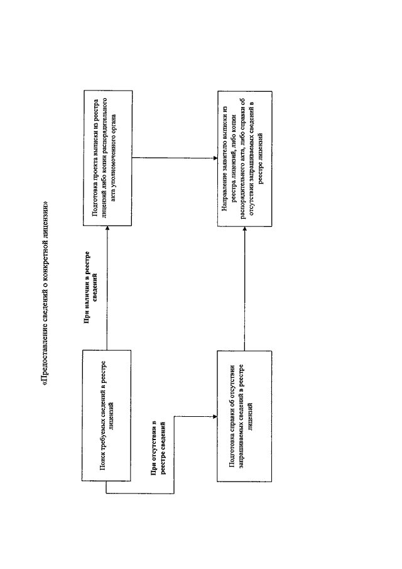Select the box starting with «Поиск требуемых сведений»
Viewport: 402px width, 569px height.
[107, 416]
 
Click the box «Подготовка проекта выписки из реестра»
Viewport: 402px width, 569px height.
[107, 158]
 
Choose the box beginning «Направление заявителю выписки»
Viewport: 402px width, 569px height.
[245, 159]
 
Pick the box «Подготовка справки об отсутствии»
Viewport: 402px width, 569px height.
[244, 416]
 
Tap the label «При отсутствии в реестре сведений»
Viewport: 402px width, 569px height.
[158, 448]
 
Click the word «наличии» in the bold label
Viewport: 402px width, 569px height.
[87, 299]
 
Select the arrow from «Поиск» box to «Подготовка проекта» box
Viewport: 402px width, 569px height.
[107, 288]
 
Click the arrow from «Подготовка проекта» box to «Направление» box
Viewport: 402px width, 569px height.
[175, 158]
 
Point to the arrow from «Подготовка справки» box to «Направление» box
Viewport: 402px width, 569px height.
[245, 289]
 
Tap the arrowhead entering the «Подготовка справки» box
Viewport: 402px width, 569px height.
[215, 417]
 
